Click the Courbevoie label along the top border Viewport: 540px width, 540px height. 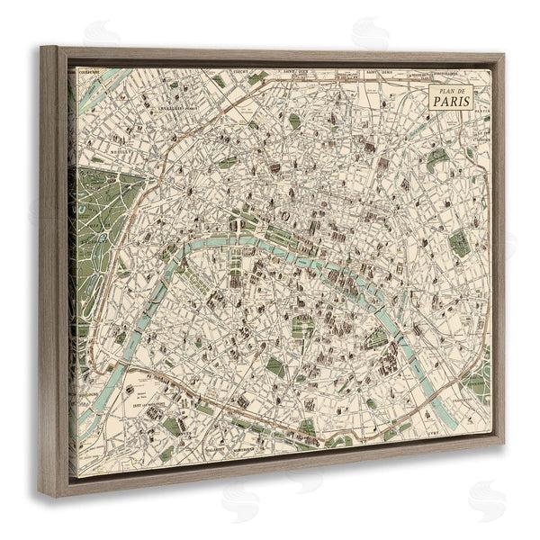coord(87,75)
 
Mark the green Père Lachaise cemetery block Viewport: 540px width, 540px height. coord(459,242)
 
